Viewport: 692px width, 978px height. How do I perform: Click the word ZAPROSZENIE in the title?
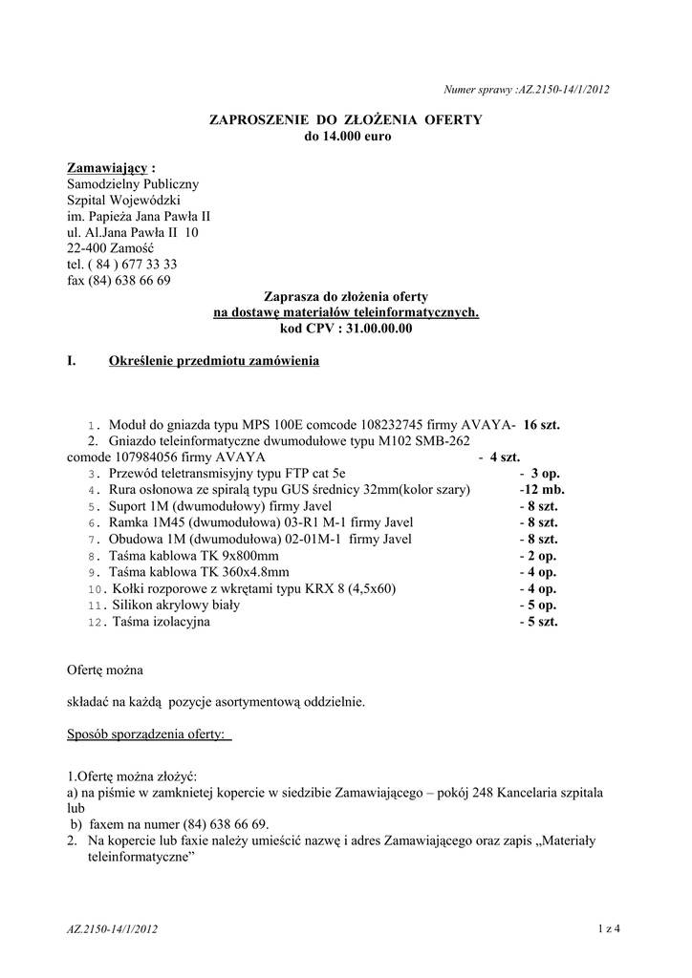coord(256,119)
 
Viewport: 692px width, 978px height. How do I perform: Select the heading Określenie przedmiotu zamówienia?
coord(214,362)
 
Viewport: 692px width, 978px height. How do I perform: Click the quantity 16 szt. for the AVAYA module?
coord(541,425)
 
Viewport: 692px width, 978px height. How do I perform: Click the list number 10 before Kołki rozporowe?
coord(94,589)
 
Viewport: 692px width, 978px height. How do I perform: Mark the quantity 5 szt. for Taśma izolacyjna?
coord(539,622)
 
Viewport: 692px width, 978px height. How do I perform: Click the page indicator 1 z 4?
coord(610,927)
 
